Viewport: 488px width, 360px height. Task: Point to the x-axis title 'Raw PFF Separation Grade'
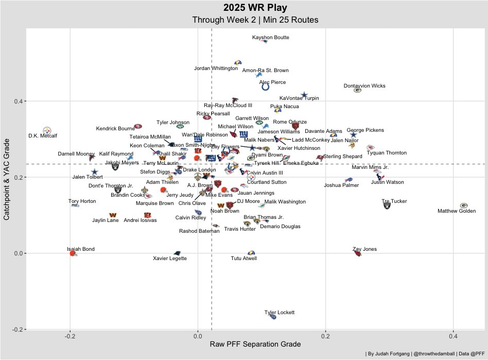(255, 344)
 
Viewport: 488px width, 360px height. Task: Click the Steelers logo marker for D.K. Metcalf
(47, 130)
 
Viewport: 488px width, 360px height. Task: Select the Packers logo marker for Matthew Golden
(463, 205)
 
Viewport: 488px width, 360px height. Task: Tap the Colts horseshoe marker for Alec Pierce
(265, 87)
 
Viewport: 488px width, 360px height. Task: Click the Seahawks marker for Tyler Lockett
(273, 317)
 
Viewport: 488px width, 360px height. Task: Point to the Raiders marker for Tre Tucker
(387, 205)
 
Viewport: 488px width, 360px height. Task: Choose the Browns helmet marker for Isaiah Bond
(73, 253)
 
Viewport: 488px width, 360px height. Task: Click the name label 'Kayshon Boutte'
(271, 38)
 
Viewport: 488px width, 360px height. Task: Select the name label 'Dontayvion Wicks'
(364, 86)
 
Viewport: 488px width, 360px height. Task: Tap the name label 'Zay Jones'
(364, 249)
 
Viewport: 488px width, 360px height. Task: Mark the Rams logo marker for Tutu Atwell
(251, 253)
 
